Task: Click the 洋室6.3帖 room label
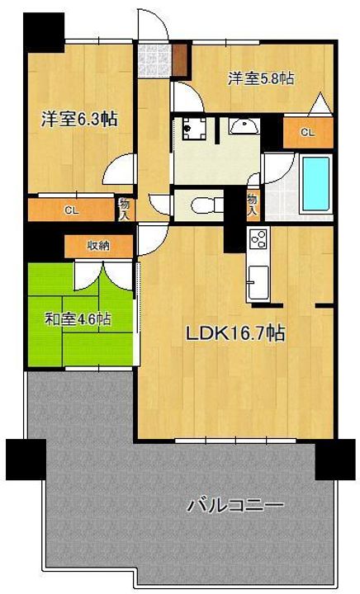79,120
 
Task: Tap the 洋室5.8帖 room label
261,78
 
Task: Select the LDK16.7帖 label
235,333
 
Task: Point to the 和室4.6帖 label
78,319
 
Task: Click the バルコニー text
235,506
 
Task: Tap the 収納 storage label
98,246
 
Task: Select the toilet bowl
203,205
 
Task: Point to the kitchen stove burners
258,239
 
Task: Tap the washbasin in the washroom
244,125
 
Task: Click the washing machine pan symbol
194,129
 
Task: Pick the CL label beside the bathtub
308,132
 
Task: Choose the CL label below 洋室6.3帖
71,210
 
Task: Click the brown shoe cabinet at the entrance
180,60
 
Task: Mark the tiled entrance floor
154,59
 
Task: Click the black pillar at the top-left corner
44,32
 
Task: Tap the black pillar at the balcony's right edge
335,460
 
